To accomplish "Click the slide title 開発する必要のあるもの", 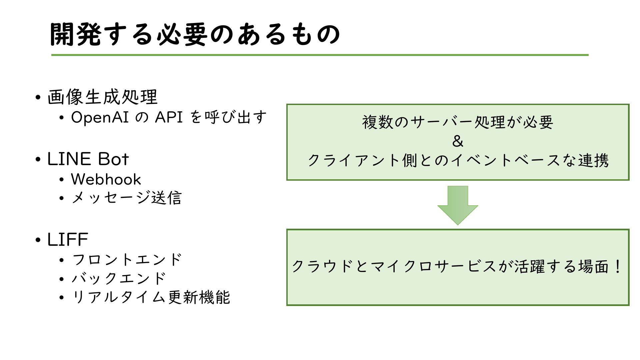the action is (x=195, y=34).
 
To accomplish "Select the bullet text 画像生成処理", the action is (x=102, y=97).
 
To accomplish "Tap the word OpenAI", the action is (x=100, y=117).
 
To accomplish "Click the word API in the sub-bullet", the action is (x=169, y=117).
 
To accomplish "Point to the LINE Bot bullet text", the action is (x=88, y=159).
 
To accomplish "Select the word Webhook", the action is (x=106, y=179).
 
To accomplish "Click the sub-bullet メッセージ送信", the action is (x=127, y=198).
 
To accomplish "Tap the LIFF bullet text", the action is (x=68, y=239).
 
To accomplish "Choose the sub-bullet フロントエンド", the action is (x=127, y=260).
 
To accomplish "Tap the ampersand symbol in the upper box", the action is (x=458, y=141).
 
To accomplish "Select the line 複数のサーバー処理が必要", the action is (x=458, y=122).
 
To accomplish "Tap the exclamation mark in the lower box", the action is (x=617, y=266).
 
